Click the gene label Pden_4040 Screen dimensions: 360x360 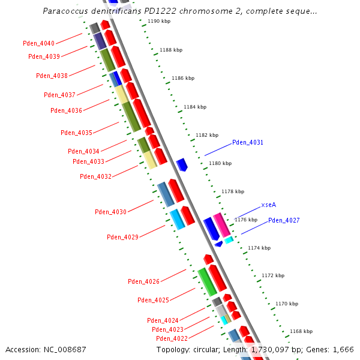pyautogui.click(x=38, y=43)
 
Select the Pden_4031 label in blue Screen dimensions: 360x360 pyautogui.click(x=247, y=142)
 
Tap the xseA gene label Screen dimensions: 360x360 pyautogui.click(x=268, y=205)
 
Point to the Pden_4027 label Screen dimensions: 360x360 pyautogui.click(x=284, y=220)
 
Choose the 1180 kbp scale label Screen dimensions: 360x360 pyautogui.click(x=220, y=163)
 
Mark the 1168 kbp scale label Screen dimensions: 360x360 pyautogui.click(x=301, y=331)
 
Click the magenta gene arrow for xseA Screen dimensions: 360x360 pyautogui.click(x=221, y=224)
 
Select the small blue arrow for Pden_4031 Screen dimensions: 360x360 pyautogui.click(x=181, y=164)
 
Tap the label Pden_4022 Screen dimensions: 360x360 pyautogui.click(x=172, y=338)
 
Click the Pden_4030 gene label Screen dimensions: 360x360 pyautogui.click(x=110, y=212)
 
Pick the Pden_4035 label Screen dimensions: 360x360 pyautogui.click(x=76, y=133)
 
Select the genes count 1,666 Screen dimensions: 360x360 pyautogui.click(x=343, y=349)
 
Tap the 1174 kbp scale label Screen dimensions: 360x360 pyautogui.click(x=259, y=248)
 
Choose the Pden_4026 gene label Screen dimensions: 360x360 pyautogui.click(x=143, y=281)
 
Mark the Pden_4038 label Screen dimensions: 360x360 pyautogui.click(x=52, y=76)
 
